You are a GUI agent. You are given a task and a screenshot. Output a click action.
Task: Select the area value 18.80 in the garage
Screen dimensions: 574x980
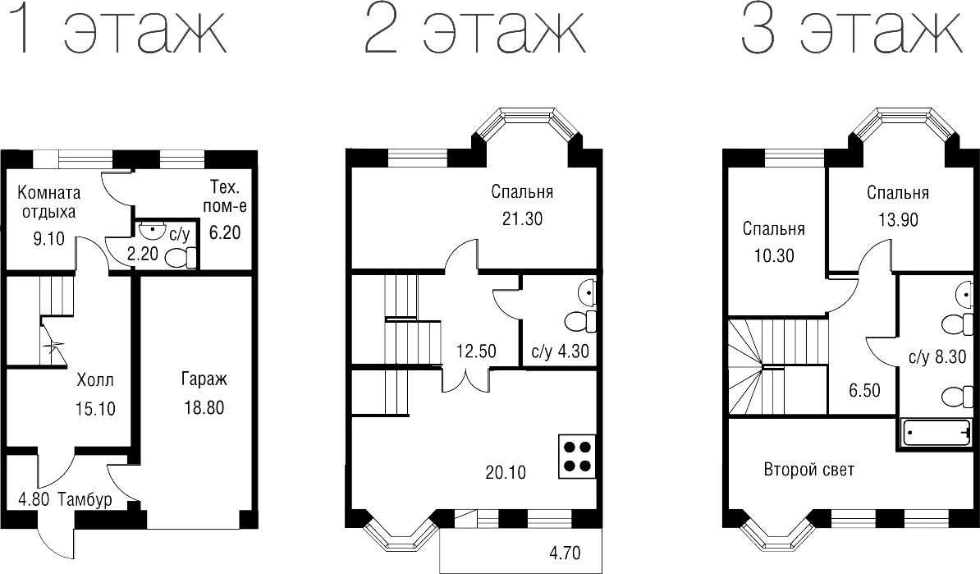click(203, 407)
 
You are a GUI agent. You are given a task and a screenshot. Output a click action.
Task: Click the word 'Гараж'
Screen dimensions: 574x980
click(203, 379)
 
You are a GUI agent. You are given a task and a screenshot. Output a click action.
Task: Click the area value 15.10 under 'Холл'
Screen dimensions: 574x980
click(95, 408)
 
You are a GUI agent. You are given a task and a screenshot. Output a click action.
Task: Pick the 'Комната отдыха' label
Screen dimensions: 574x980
click(49, 203)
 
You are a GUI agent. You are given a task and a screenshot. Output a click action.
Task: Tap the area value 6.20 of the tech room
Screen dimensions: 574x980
click(225, 232)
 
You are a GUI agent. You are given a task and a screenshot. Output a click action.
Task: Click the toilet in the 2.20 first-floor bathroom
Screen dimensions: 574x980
click(181, 258)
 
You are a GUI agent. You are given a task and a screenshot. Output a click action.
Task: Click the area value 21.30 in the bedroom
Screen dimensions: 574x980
click(522, 218)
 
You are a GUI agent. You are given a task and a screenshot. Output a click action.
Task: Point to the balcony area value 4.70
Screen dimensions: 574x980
click(565, 552)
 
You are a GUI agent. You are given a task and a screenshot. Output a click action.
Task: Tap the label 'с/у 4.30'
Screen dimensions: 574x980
click(560, 352)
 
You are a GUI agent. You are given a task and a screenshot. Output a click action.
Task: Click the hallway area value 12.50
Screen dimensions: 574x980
click(476, 351)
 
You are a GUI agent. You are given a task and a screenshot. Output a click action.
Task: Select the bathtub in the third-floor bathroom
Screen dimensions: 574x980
click(936, 432)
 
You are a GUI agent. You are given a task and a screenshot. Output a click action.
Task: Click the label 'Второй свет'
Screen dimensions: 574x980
click(808, 471)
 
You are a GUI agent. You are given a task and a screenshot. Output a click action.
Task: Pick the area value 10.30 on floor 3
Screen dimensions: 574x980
click(773, 255)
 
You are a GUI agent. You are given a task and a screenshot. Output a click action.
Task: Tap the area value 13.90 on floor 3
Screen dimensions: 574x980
click(898, 219)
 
